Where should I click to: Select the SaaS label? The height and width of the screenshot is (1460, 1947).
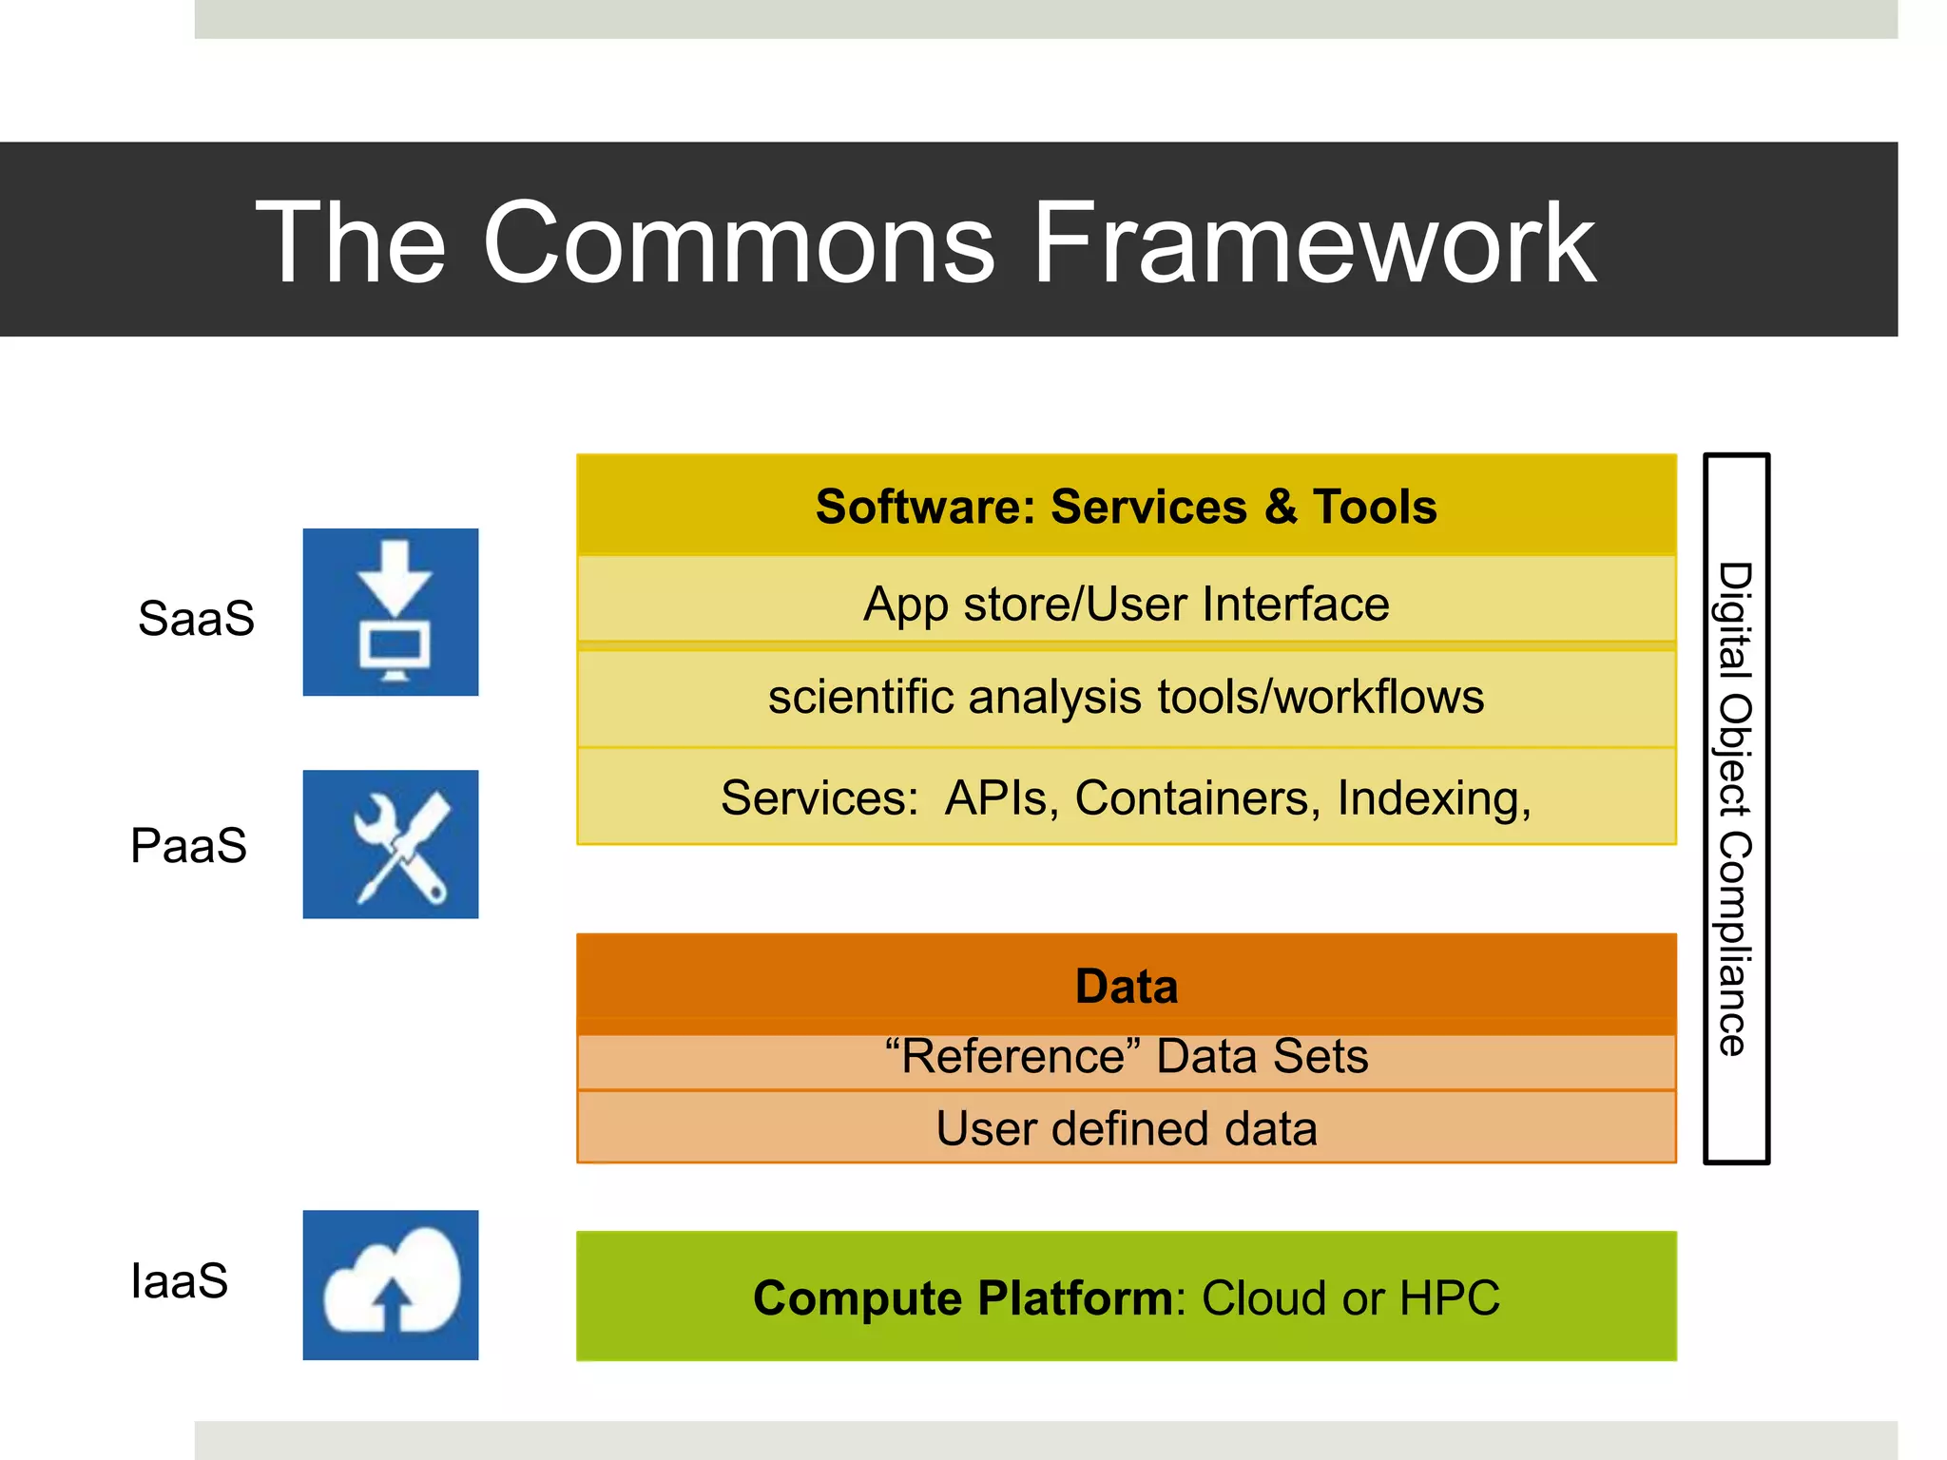pyautogui.click(x=196, y=618)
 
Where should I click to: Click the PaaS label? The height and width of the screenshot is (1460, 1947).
pyautogui.click(x=188, y=845)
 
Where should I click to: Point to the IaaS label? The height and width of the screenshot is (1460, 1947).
pyautogui.click(x=179, y=1280)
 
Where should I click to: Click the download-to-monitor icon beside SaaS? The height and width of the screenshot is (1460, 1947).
pyautogui.click(x=391, y=612)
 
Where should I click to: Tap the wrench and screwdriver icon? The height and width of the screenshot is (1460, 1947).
pyautogui.click(x=391, y=844)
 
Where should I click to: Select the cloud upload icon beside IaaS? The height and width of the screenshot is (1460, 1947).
pyautogui.click(x=391, y=1284)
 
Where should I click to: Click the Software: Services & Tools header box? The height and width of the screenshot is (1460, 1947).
pyautogui.click(x=1126, y=506)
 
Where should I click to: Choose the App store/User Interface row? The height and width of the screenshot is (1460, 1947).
pyautogui.click(x=1126, y=604)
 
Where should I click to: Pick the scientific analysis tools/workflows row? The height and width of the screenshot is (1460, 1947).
pyautogui.click(x=1126, y=697)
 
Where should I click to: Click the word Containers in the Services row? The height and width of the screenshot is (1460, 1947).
pyautogui.click(x=1197, y=797)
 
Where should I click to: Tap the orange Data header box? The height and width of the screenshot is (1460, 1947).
pyautogui.click(x=1126, y=986)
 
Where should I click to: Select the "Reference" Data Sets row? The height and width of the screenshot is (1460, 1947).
pyautogui.click(x=1126, y=1057)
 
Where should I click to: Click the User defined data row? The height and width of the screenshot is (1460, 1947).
pyautogui.click(x=1126, y=1128)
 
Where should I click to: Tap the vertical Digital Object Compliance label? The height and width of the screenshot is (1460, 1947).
pyautogui.click(x=1735, y=808)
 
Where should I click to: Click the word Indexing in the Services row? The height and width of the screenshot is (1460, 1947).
pyautogui.click(x=1433, y=797)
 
